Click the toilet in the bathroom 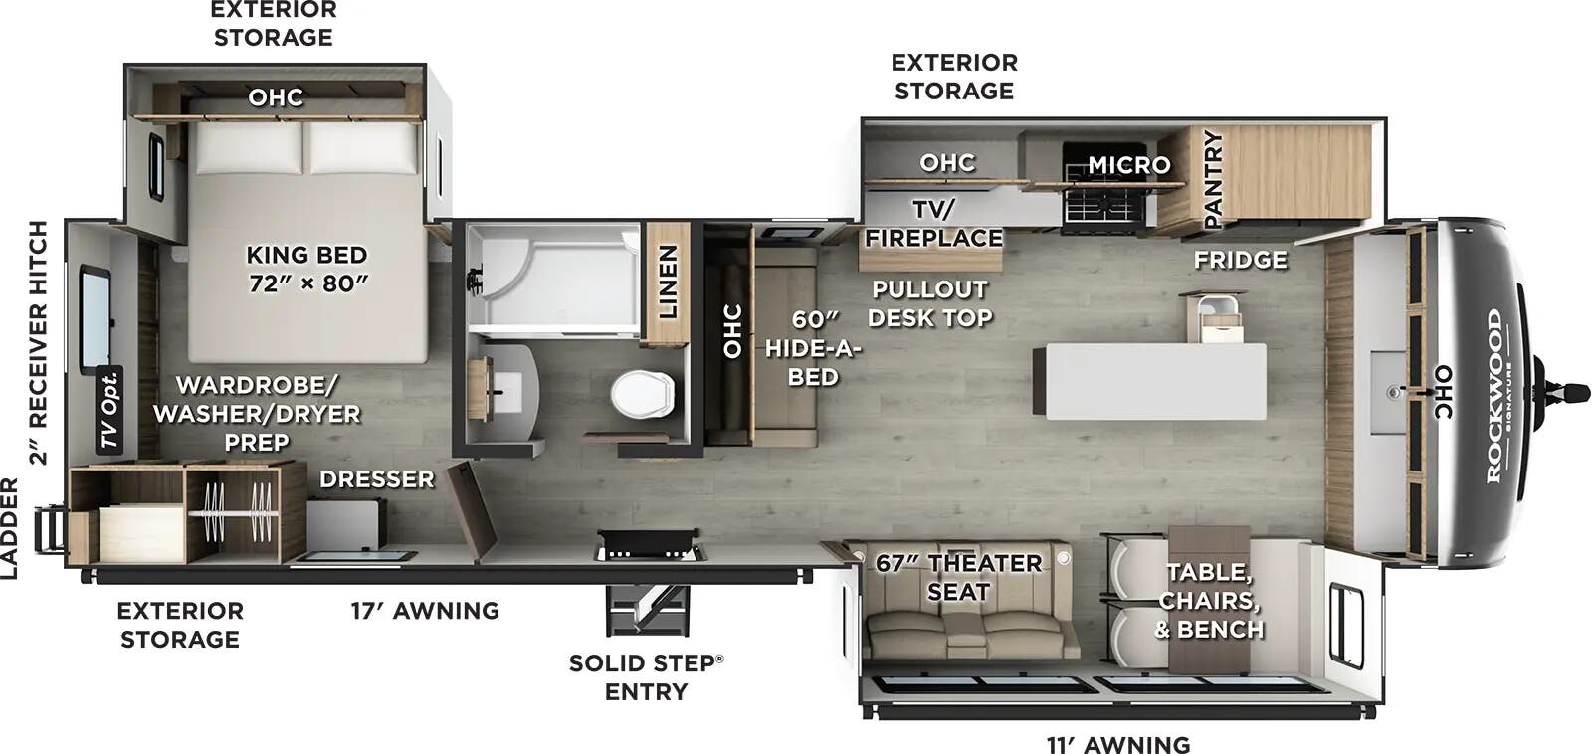(642, 394)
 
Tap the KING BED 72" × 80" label (307, 269)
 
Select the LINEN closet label (668, 283)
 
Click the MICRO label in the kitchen (1128, 165)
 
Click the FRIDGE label (1240, 260)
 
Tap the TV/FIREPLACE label (933, 224)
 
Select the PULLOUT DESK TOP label (929, 303)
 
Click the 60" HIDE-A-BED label (812, 348)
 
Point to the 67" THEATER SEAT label (958, 577)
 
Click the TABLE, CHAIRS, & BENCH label (1208, 600)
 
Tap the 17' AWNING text (425, 610)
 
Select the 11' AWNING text (1117, 744)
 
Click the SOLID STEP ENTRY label (646, 676)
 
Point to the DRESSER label (376, 479)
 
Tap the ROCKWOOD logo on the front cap (1495, 396)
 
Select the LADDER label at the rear (9, 528)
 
